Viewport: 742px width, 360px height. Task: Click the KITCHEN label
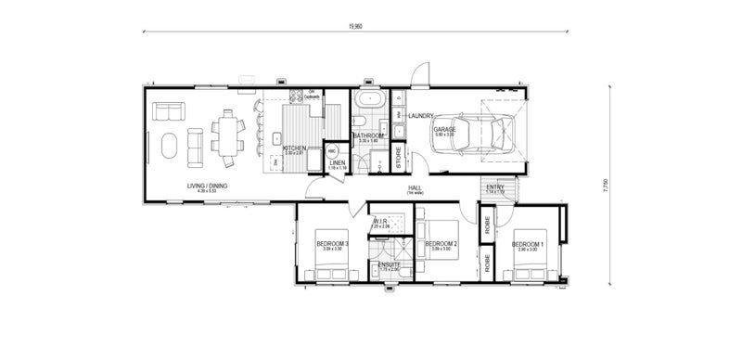[x=294, y=148]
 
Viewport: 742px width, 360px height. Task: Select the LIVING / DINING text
[x=205, y=186]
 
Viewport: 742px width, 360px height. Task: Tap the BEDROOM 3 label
[x=331, y=244]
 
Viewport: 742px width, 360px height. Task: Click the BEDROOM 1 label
[x=528, y=244]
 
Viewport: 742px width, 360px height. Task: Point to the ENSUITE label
[x=390, y=264]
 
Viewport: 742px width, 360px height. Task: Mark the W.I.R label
[x=380, y=221]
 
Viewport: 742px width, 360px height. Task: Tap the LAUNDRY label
[x=420, y=116]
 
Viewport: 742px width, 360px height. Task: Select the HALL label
[x=416, y=187]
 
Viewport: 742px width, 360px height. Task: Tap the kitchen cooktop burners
[x=299, y=96]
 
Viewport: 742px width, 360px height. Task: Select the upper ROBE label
[x=487, y=224]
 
